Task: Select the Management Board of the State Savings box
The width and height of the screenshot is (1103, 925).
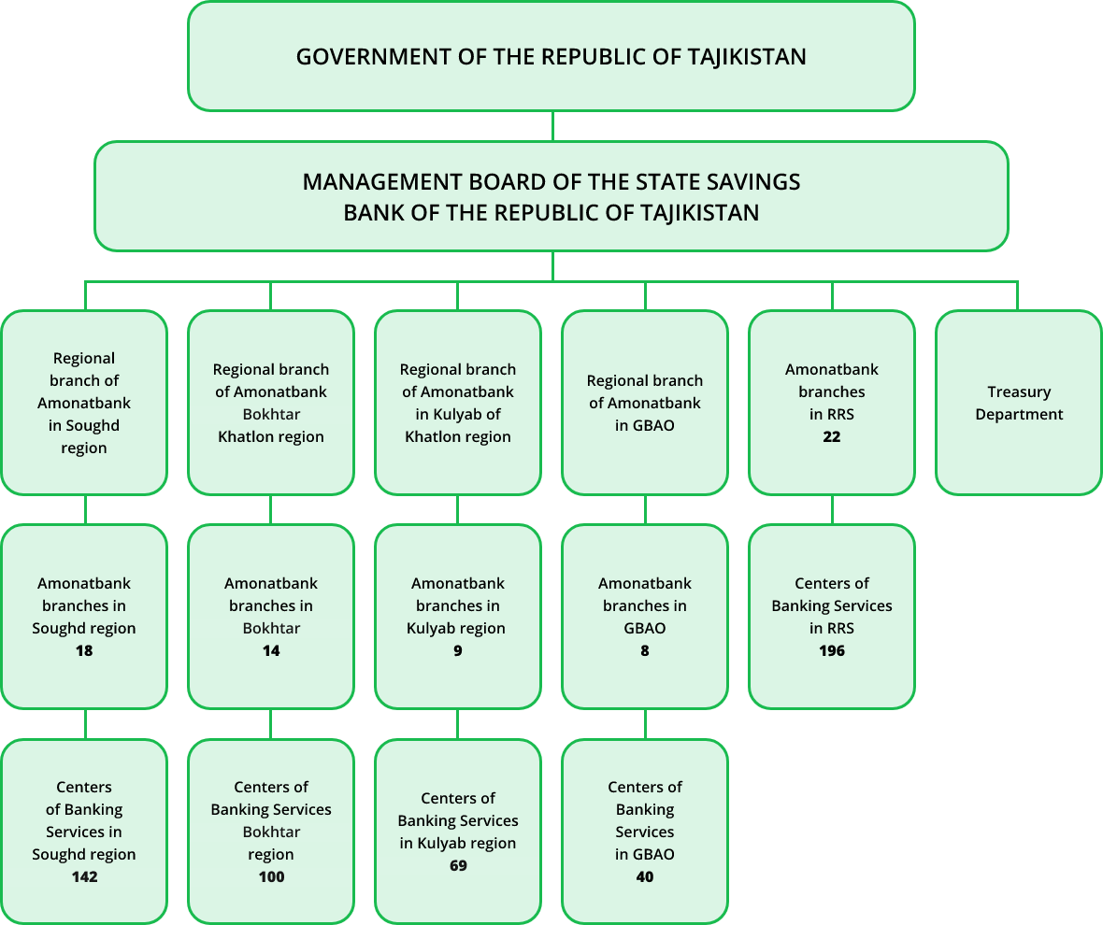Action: click(x=551, y=196)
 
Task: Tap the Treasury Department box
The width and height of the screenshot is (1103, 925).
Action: click(x=1018, y=403)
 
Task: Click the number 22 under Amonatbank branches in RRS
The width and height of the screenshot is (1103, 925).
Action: click(x=831, y=436)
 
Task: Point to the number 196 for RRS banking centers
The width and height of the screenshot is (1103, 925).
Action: click(x=831, y=650)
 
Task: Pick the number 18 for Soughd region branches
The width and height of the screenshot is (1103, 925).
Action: click(x=84, y=650)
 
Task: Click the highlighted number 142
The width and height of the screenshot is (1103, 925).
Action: click(x=84, y=877)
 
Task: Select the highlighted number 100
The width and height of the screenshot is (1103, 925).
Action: click(x=271, y=877)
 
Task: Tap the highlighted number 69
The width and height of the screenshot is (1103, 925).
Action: click(x=458, y=866)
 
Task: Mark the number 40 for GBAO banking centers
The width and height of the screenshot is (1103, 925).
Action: click(x=644, y=877)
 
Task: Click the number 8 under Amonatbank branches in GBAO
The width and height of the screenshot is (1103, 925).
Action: click(x=644, y=650)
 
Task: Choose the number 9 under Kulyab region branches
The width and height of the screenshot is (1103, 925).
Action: click(x=458, y=650)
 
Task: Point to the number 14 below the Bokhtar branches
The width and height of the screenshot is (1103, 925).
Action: click(x=271, y=650)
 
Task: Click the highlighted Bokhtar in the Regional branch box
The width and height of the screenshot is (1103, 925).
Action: click(x=271, y=415)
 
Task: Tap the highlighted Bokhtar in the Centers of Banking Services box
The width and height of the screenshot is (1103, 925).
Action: click(x=271, y=832)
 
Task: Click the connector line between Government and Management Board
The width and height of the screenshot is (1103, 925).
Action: click(x=552, y=126)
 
